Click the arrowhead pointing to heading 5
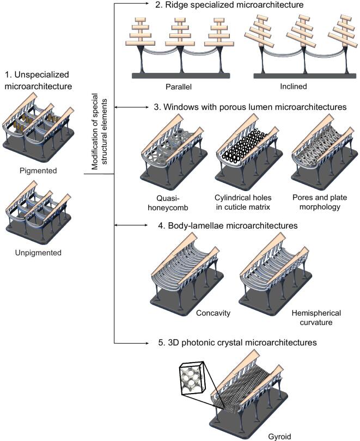pyautogui.click(x=147, y=344)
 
